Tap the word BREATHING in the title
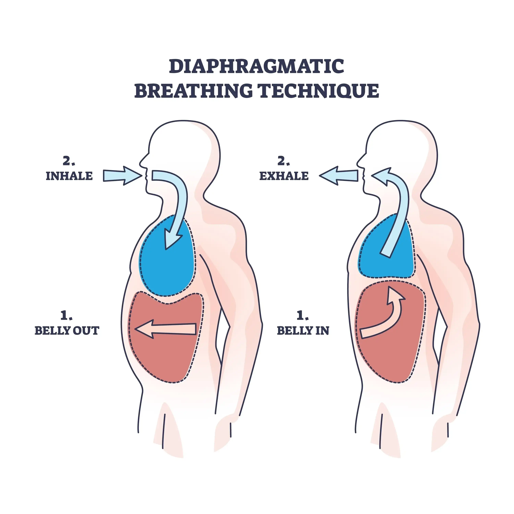(193, 91)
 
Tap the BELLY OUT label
(67, 331)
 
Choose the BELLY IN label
(303, 331)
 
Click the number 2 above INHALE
(69, 161)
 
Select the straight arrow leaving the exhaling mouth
(338, 176)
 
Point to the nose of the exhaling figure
(359, 162)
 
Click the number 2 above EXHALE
(284, 161)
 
